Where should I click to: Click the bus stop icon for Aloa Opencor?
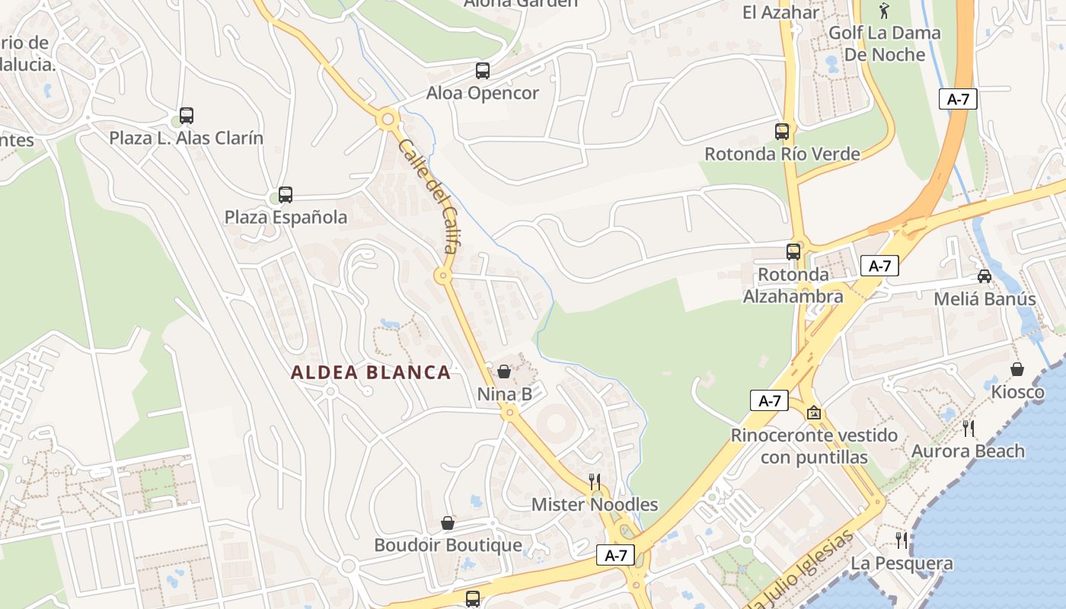(x=483, y=71)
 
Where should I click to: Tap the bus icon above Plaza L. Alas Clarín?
(x=187, y=116)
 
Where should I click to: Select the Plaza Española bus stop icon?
(x=286, y=194)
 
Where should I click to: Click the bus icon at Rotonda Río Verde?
(x=782, y=131)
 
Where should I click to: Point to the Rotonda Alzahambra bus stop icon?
(x=793, y=251)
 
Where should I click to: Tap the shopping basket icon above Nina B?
(x=504, y=371)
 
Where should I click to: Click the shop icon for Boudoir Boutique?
(x=448, y=523)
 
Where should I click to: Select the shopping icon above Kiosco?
(x=1017, y=369)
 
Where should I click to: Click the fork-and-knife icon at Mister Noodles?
(x=595, y=481)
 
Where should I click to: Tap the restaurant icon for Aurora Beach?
(x=969, y=428)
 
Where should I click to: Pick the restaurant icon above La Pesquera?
(x=902, y=540)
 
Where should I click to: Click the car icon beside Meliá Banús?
(x=985, y=276)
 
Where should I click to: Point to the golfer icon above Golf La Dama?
(x=884, y=11)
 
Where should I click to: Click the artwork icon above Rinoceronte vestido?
(x=814, y=413)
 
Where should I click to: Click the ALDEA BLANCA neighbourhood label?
(x=371, y=372)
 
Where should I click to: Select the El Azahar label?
(x=780, y=12)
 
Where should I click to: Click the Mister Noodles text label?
(x=595, y=505)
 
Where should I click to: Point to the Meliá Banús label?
(x=985, y=298)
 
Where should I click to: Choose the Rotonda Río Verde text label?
(x=782, y=154)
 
